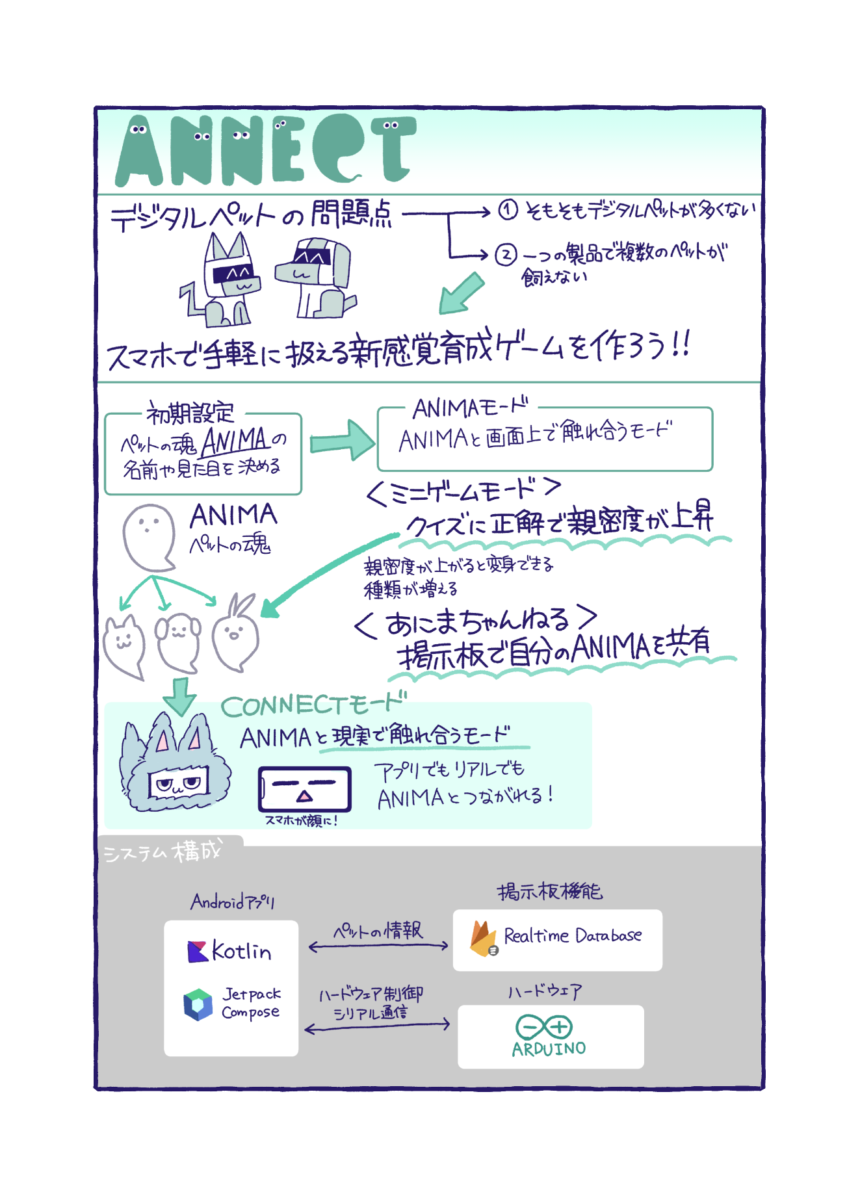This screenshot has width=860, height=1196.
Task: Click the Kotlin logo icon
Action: [x=197, y=952]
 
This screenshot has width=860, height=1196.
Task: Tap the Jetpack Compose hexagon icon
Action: [x=198, y=1005]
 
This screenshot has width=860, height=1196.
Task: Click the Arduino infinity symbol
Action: [x=543, y=1027]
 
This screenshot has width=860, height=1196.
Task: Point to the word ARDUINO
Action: [x=549, y=1049]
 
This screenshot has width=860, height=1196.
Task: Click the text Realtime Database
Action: [x=573, y=936]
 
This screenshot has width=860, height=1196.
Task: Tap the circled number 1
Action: [x=508, y=209]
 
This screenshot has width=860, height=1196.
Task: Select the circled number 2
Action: [x=506, y=254]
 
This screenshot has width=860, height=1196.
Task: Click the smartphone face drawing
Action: [x=304, y=788]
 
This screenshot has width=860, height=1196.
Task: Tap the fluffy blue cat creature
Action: [x=174, y=764]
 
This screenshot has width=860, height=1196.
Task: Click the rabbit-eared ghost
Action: [x=235, y=634]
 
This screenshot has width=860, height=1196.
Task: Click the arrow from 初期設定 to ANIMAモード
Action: [x=342, y=441]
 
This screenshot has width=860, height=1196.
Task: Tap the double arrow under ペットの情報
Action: [x=378, y=946]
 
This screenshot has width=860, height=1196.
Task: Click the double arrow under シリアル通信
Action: [x=377, y=1026]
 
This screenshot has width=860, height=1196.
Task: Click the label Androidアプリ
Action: [x=232, y=902]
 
